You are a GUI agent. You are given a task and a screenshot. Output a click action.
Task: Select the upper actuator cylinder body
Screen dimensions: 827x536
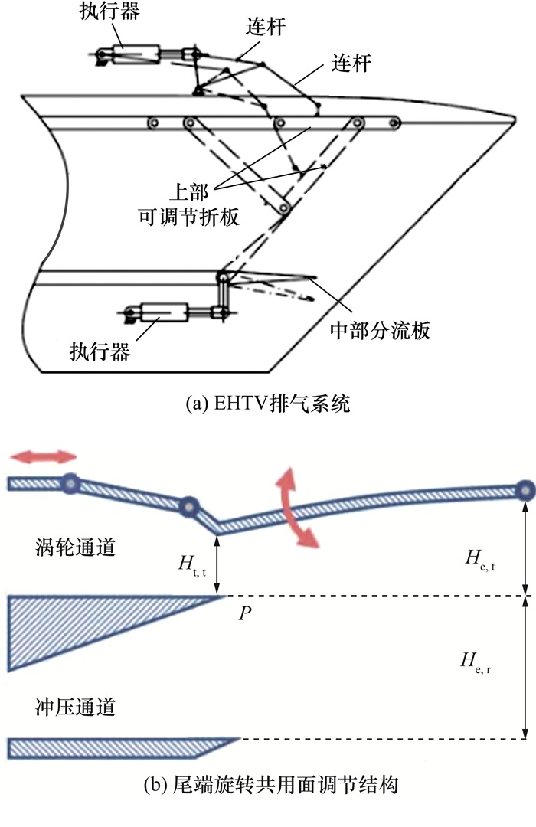pos(139,54)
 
